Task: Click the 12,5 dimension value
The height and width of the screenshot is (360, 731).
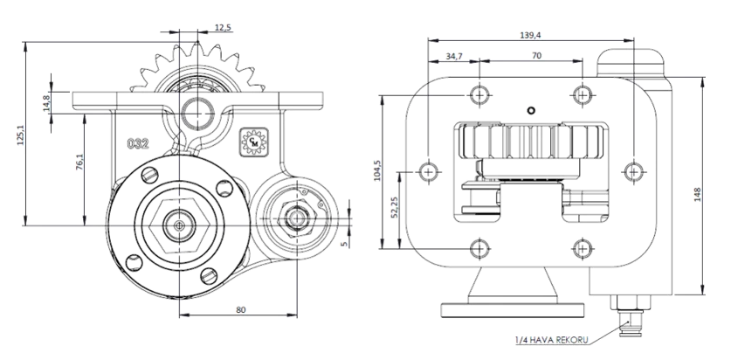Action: click(x=223, y=27)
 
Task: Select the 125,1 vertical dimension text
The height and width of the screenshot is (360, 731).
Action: click(x=21, y=135)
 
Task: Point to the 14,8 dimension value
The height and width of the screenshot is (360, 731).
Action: click(x=45, y=103)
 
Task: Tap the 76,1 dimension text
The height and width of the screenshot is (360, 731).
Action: click(x=79, y=161)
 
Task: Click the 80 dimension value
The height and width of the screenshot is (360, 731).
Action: click(x=240, y=309)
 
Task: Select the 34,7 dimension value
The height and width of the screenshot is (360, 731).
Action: click(x=454, y=57)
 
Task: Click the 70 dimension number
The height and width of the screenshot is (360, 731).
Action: click(x=536, y=56)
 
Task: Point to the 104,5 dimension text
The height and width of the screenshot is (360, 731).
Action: click(x=378, y=170)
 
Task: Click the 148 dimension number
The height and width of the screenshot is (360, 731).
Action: click(x=698, y=194)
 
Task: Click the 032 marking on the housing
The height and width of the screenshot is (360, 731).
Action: click(x=139, y=143)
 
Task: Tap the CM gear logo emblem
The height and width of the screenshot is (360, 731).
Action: click(x=254, y=142)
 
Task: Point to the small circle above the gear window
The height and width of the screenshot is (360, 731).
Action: click(x=530, y=110)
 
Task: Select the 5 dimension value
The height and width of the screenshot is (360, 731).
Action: click(x=344, y=244)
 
